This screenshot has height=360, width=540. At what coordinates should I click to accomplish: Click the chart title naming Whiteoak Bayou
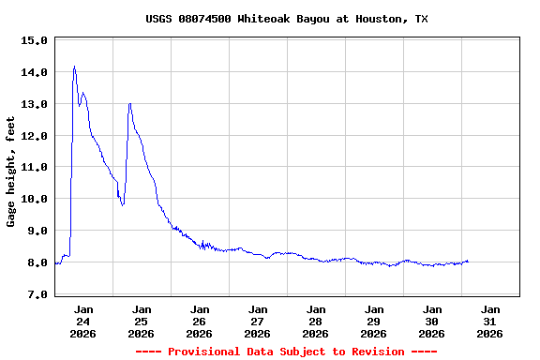[x=287, y=19]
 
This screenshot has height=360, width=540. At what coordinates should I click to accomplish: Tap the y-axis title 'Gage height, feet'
[x=11, y=172]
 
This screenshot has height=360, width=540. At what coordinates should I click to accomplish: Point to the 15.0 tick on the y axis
[x=34, y=40]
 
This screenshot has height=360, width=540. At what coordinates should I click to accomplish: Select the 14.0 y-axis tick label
[x=34, y=72]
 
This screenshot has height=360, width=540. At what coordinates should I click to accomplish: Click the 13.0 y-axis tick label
[x=34, y=104]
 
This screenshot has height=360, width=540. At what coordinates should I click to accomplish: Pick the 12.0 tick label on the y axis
[x=34, y=136]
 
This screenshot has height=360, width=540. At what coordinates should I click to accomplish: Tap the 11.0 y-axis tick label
[x=34, y=167]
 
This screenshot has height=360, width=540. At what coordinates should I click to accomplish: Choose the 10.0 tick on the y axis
[x=34, y=199]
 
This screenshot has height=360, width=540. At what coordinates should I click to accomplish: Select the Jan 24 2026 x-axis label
[x=83, y=321]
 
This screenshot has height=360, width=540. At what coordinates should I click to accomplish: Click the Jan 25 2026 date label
[x=142, y=321]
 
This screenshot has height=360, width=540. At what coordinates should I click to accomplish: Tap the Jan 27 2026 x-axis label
[x=258, y=321]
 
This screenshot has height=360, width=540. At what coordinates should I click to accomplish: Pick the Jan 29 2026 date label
[x=374, y=321]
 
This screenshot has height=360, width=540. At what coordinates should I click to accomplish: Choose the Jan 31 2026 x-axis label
[x=490, y=321]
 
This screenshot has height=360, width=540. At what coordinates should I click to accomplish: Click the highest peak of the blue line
[x=74, y=67]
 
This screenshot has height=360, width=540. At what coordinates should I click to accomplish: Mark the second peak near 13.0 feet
[x=129, y=103]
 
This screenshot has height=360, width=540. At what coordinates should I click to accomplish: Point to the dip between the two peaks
[x=123, y=204]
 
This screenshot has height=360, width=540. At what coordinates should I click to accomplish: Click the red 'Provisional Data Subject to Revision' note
[x=286, y=352]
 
